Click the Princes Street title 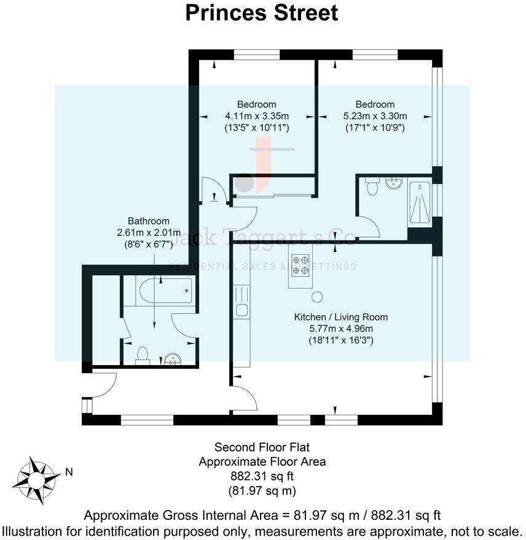click(262, 13)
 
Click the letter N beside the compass click(69, 472)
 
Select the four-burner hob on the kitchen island click(301, 264)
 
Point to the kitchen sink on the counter click(241, 310)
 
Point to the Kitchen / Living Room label click(341, 317)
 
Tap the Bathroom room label click(148, 221)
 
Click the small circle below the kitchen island click(317, 298)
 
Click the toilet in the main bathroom click(143, 354)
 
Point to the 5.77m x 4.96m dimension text click(341, 328)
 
